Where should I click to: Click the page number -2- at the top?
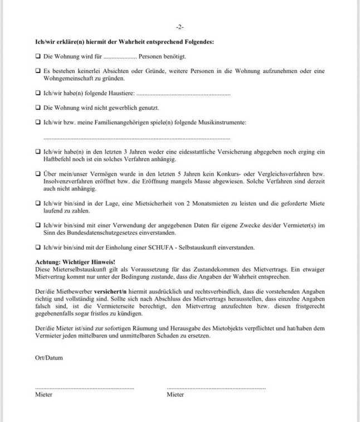pyautogui.click(x=179, y=27)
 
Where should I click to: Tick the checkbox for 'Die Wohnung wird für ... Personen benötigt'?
pyautogui.click(x=38, y=56)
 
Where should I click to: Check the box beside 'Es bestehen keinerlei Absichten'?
pyautogui.click(x=38, y=71)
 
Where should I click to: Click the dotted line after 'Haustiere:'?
pyautogui.click(x=183, y=94)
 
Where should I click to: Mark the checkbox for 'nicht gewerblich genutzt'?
pyautogui.click(x=38, y=107)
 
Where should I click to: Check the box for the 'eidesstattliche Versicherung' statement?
pyautogui.click(x=38, y=151)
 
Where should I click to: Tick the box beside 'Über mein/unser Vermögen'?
pyautogui.click(x=38, y=173)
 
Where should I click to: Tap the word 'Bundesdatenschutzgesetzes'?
pyautogui.click(x=99, y=232)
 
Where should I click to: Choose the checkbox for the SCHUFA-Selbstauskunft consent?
pyautogui.click(x=38, y=246)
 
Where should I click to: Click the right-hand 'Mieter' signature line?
pyautogui.click(x=216, y=387)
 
